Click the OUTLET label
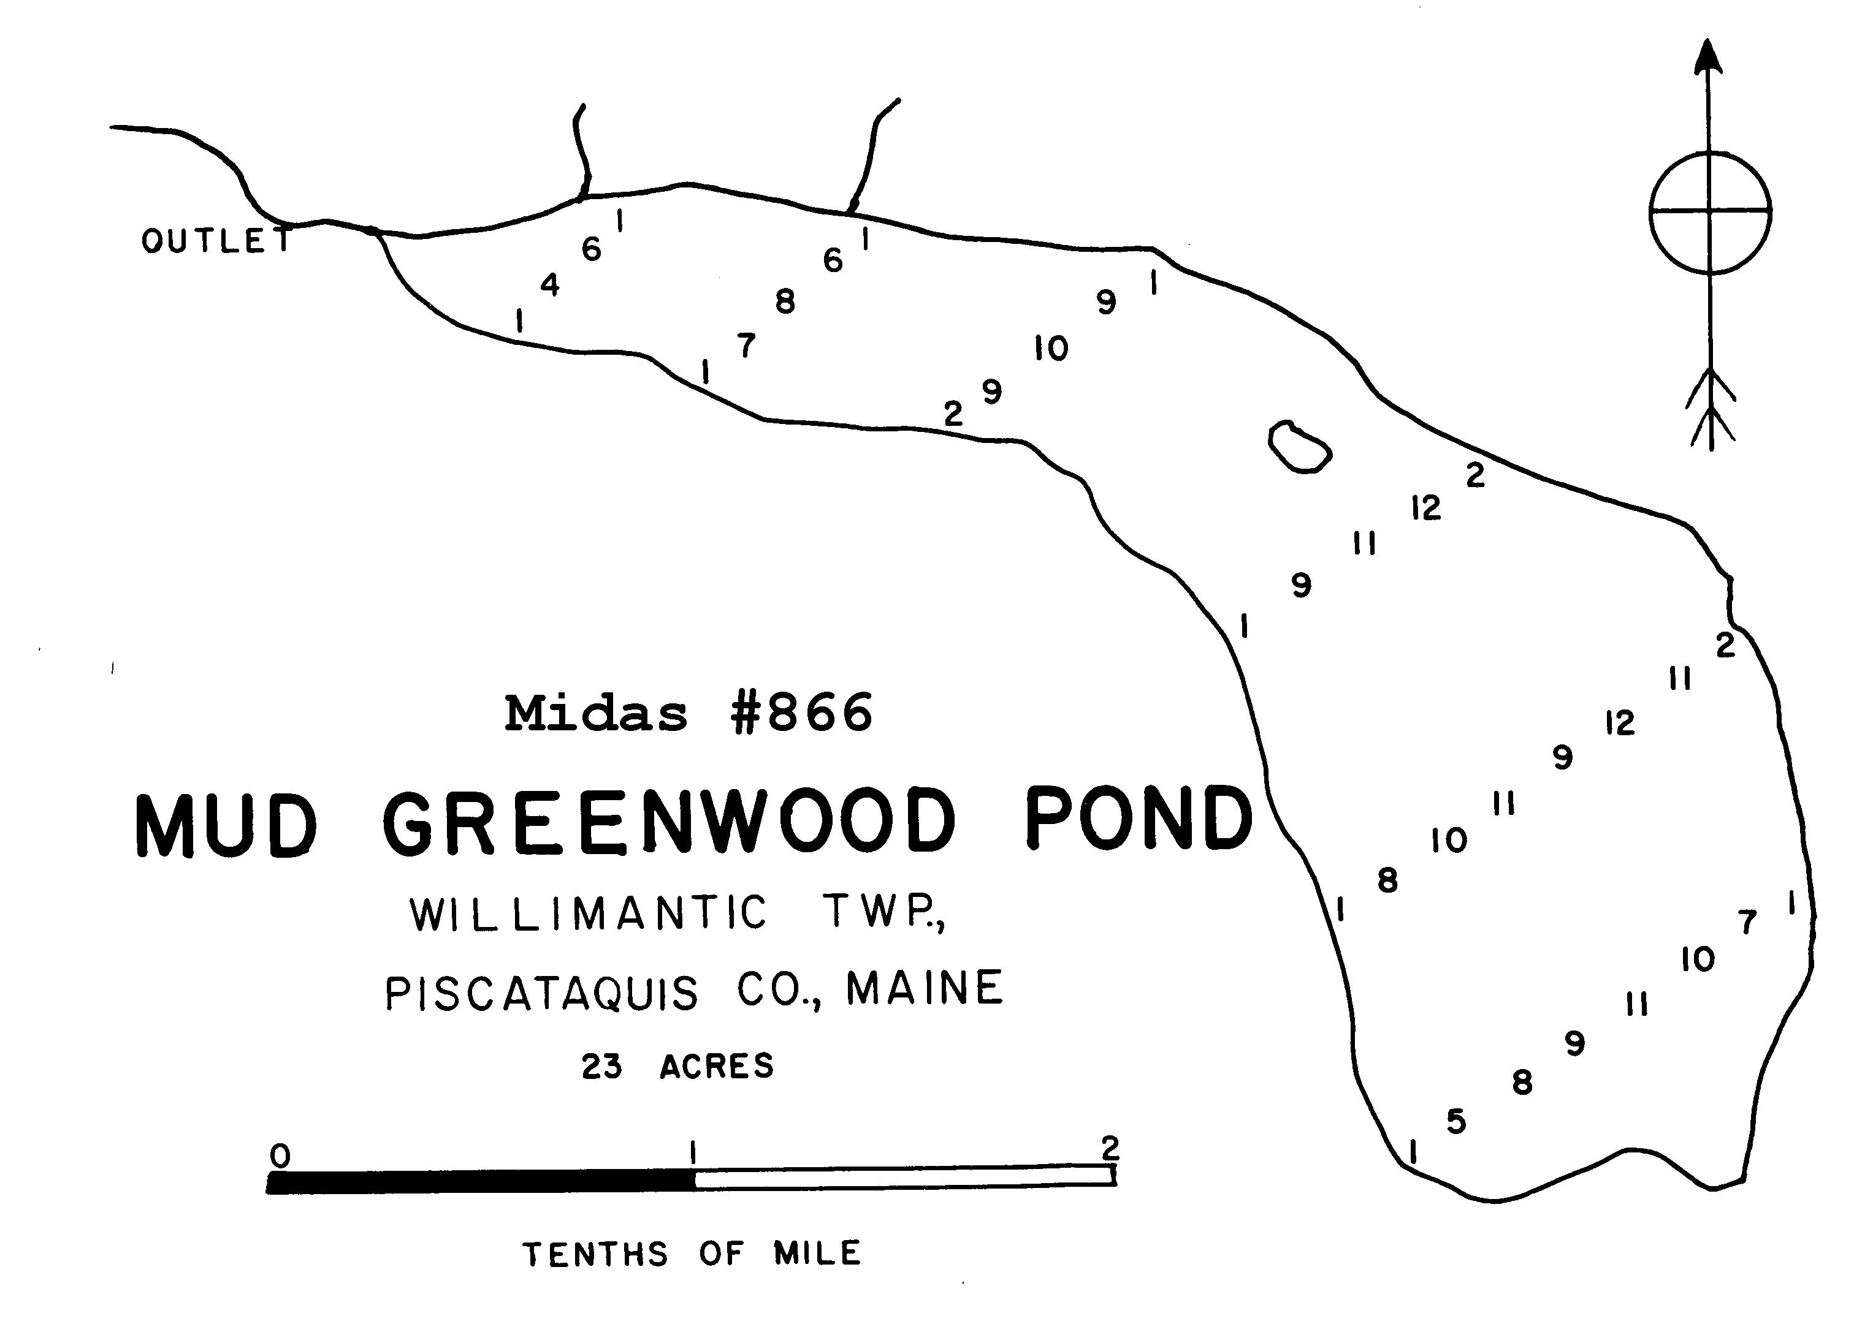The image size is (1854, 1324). pyautogui.click(x=216, y=241)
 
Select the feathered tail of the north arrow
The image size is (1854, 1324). pyautogui.click(x=1711, y=407)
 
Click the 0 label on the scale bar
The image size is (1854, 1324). pyautogui.click(x=280, y=1156)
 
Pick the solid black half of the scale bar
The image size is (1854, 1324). pyautogui.click(x=481, y=1181)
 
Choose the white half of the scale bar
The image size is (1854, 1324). pyautogui.click(x=904, y=1176)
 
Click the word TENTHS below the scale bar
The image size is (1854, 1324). pyautogui.click(x=595, y=1254)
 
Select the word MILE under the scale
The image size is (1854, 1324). pyautogui.click(x=817, y=1253)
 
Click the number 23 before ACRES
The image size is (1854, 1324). pyautogui.click(x=602, y=1067)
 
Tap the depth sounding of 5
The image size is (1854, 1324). pyautogui.click(x=1456, y=1122)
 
